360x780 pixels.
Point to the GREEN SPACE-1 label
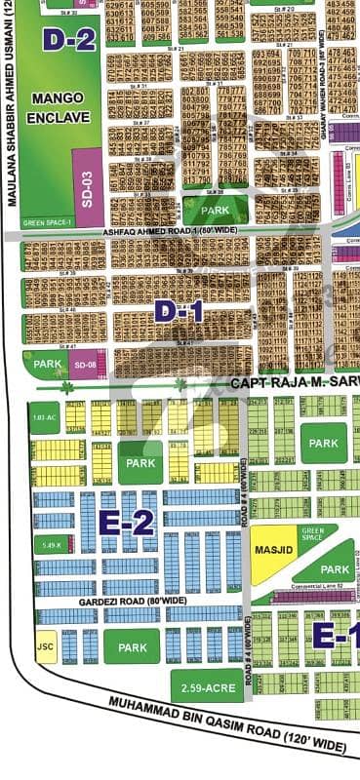click(47, 223)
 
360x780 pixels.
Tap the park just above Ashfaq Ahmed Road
click(215, 210)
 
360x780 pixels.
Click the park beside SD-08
click(46, 364)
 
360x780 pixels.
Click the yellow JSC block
click(45, 646)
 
